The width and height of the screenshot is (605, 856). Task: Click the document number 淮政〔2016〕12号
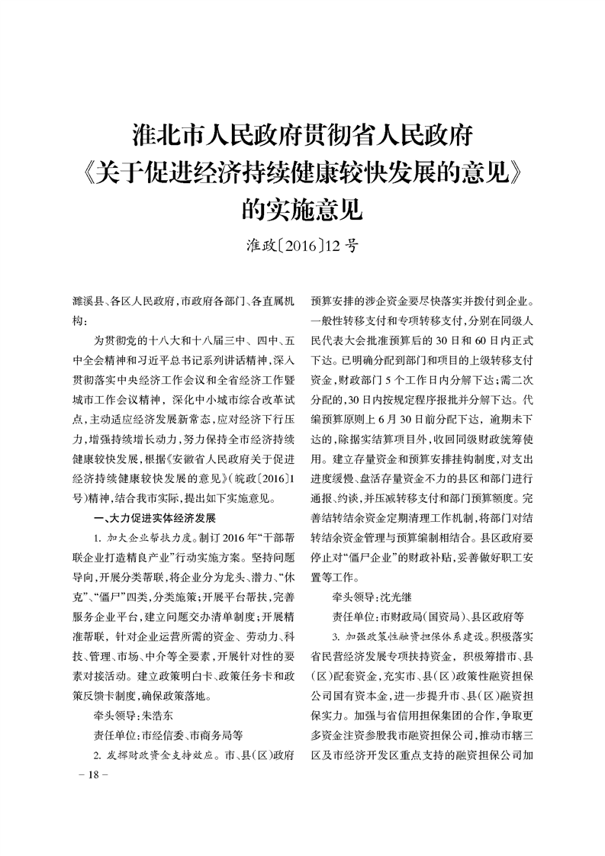tap(303, 246)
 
